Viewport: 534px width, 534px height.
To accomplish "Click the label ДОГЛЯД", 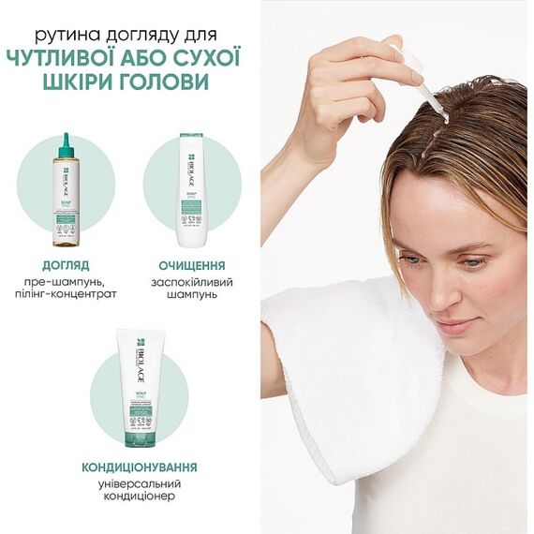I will pyautogui.click(x=67, y=265).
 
